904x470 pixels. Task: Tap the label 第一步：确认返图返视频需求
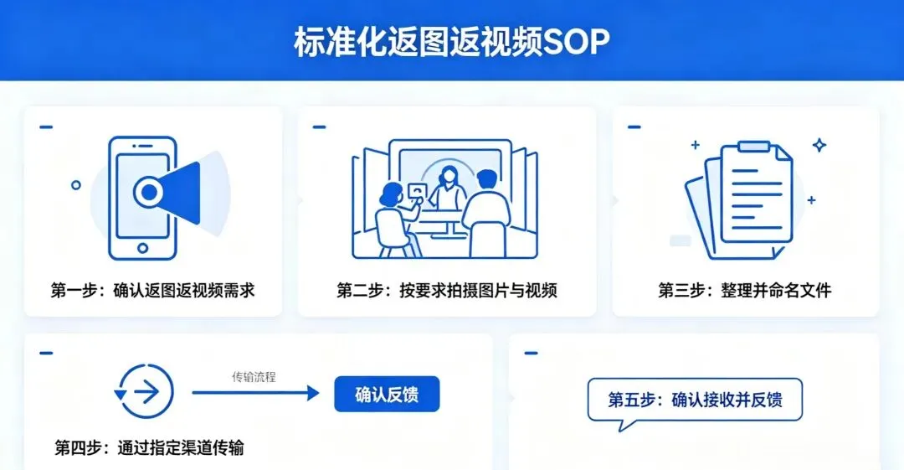click(x=152, y=291)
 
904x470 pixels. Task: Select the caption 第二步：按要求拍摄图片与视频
click(x=447, y=291)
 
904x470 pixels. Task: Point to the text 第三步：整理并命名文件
click(x=744, y=291)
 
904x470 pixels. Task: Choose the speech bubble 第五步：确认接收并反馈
click(x=695, y=399)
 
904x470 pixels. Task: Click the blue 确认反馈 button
click(x=387, y=395)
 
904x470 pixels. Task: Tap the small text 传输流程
click(x=254, y=377)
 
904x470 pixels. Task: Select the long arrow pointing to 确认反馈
click(x=255, y=393)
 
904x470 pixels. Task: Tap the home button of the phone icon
click(x=142, y=248)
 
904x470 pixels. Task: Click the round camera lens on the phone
click(x=149, y=193)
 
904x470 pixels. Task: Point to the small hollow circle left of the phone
click(x=76, y=184)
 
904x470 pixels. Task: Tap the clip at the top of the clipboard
click(x=752, y=147)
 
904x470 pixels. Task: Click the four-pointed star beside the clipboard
click(x=819, y=145)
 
